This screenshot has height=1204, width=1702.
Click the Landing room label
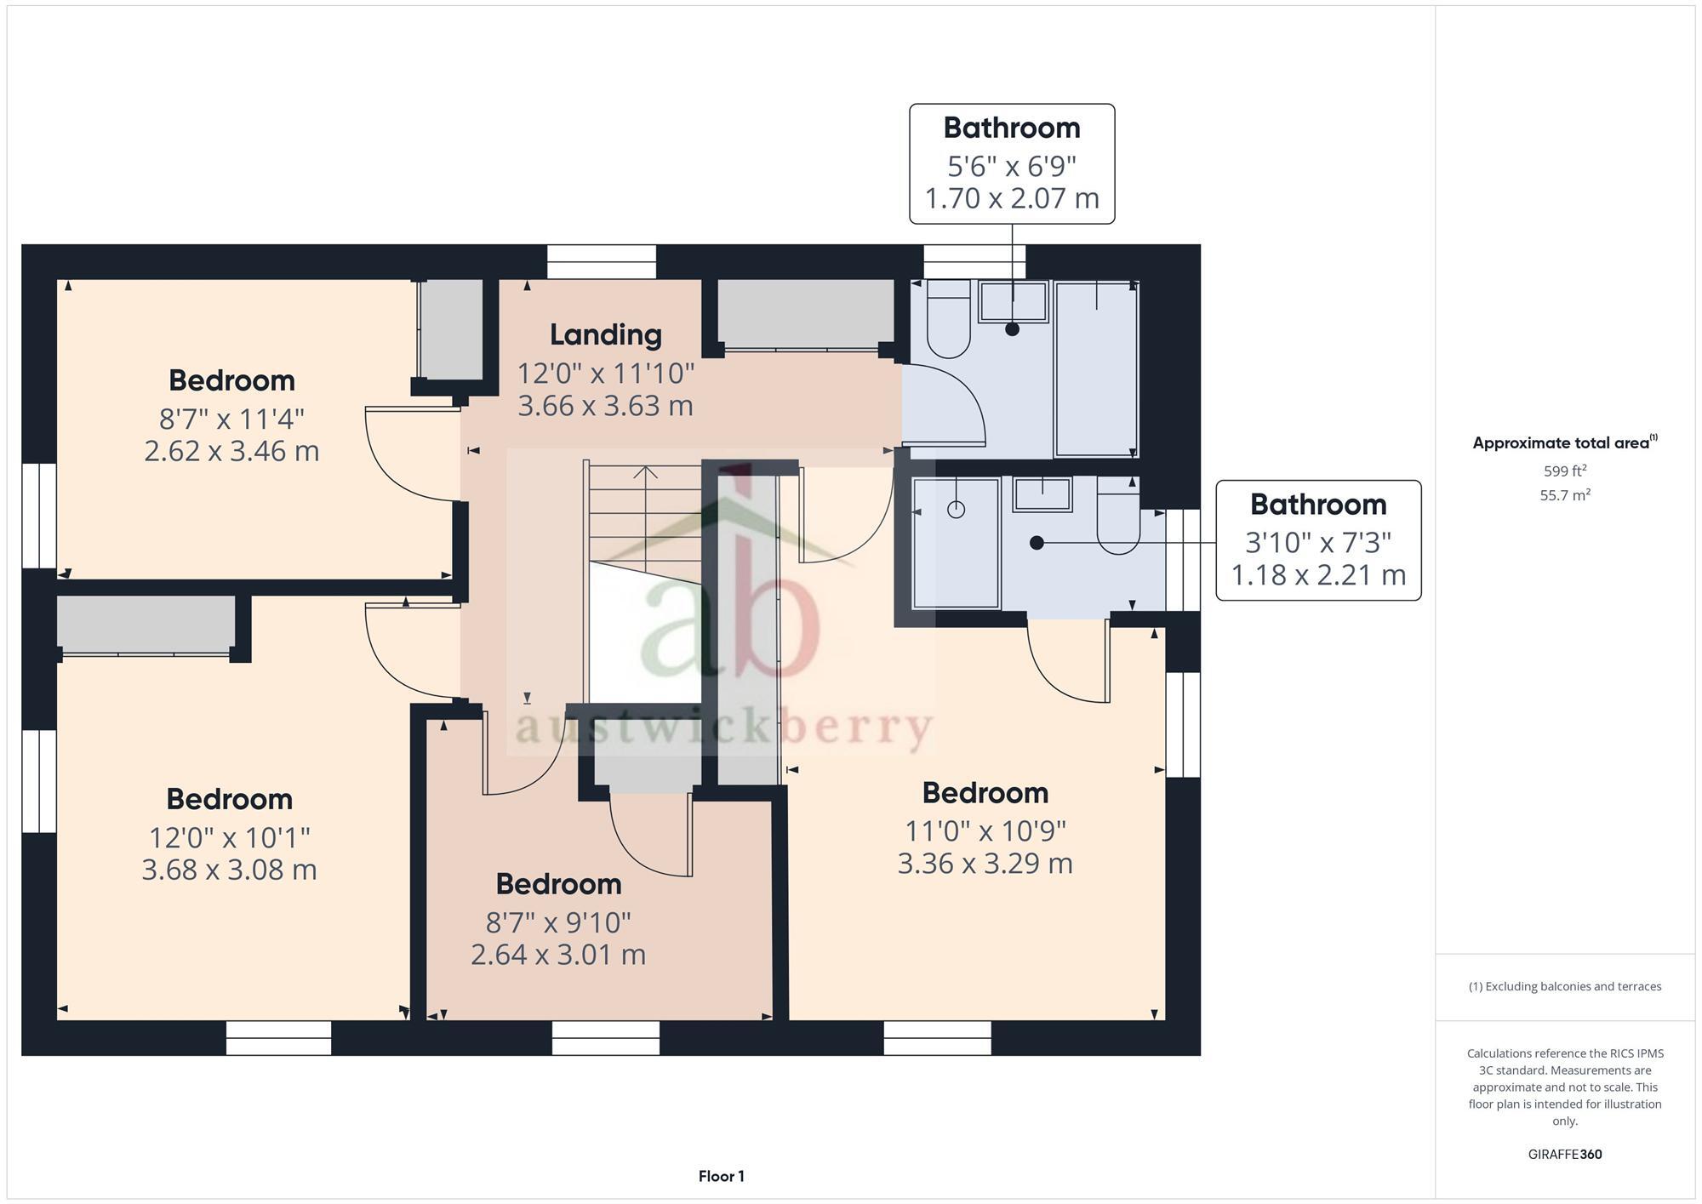pos(605,334)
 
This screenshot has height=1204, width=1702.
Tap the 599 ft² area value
pos(1564,471)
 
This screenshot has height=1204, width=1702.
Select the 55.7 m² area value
pos(1564,495)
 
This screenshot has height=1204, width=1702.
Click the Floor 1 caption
pos(721,1176)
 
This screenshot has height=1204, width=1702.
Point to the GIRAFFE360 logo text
pos(1564,1154)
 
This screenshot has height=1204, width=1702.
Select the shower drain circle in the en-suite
pos(956,510)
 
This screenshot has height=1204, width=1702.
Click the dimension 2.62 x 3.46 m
pos(231,450)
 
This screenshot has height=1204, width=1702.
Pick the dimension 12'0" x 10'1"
pos(229,837)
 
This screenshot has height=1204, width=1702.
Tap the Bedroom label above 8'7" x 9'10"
pos(558,884)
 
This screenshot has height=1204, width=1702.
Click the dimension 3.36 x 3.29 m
pos(985,863)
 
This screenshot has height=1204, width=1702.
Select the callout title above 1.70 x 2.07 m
pos(1011,128)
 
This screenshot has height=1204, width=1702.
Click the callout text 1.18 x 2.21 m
pos(1317,575)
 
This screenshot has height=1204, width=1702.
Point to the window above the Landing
pos(602,262)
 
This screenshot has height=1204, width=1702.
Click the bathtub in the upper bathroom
pos(1095,368)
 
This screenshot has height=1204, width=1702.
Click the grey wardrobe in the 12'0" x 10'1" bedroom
pos(146,625)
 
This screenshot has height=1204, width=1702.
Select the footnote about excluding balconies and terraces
pos(1564,986)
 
